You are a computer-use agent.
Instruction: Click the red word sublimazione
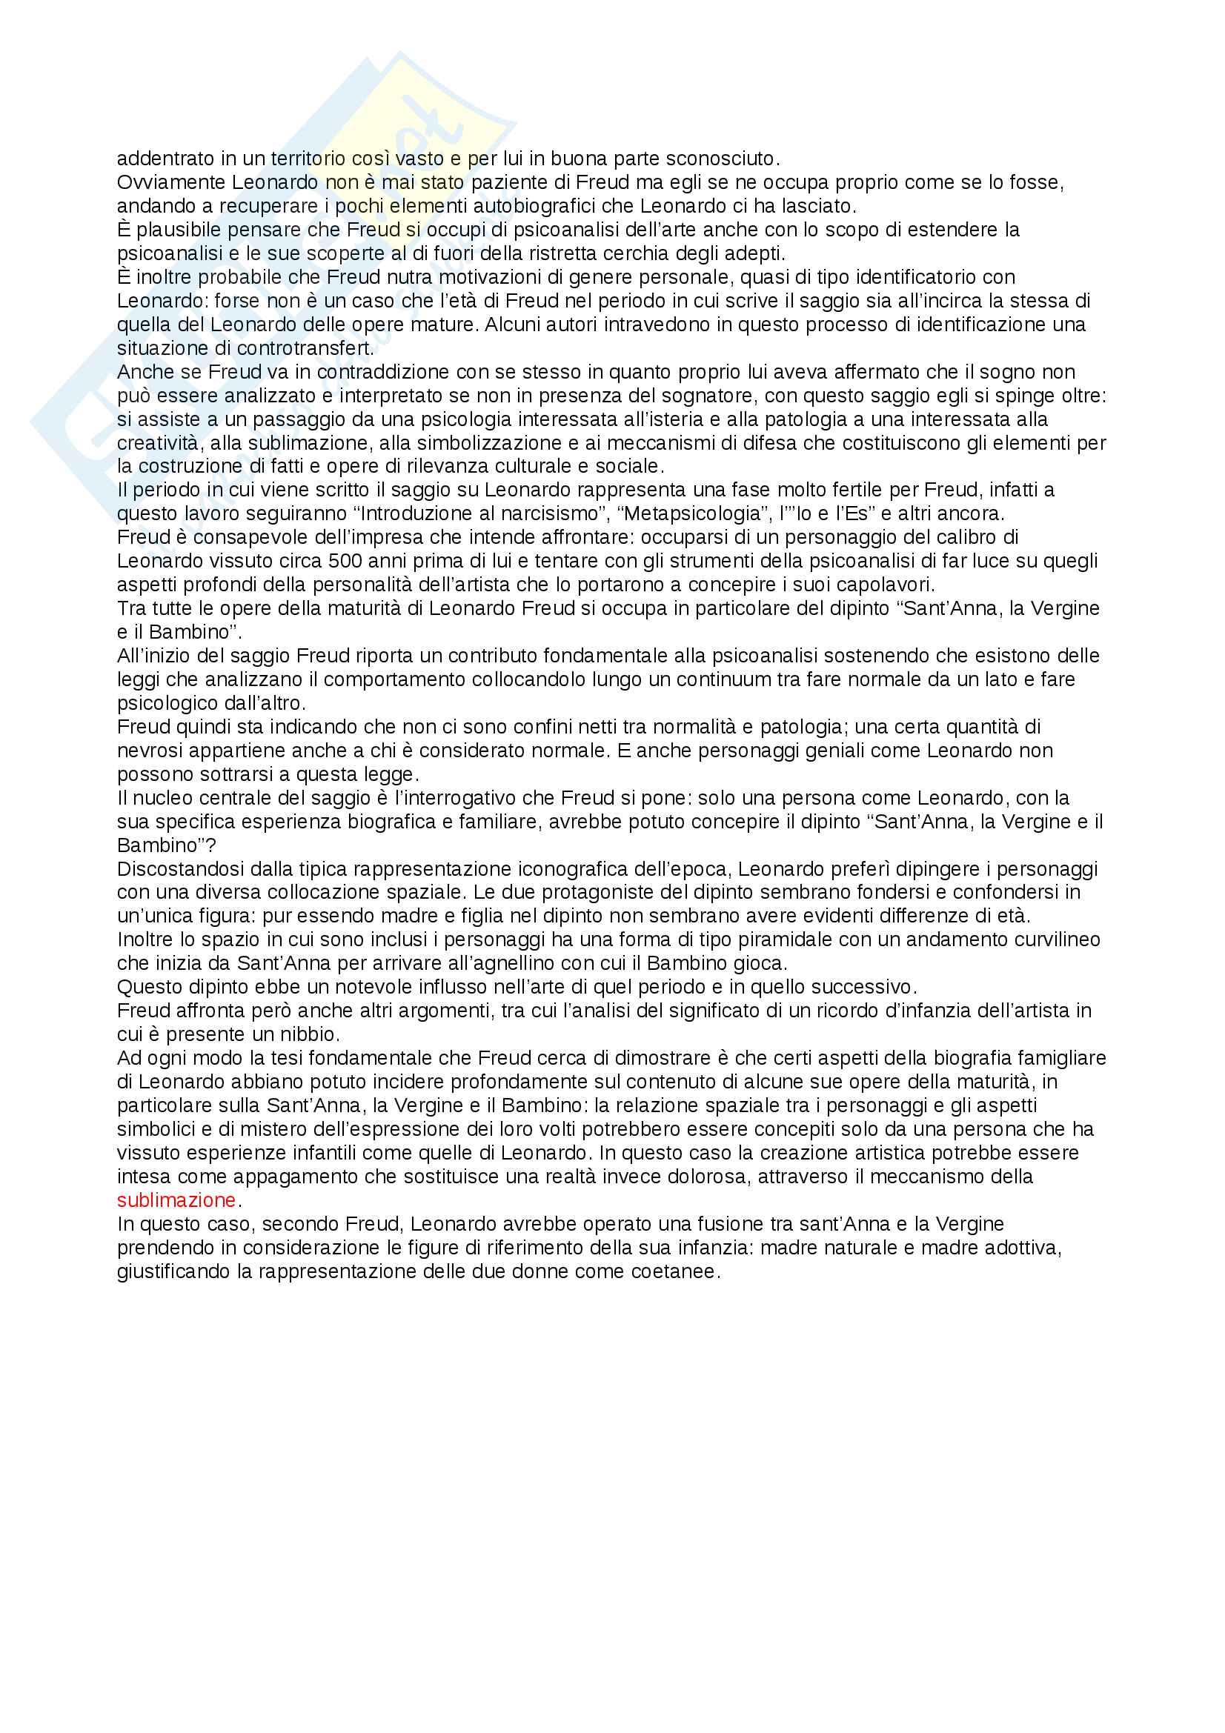(176, 1200)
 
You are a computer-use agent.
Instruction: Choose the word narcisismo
(535, 514)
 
